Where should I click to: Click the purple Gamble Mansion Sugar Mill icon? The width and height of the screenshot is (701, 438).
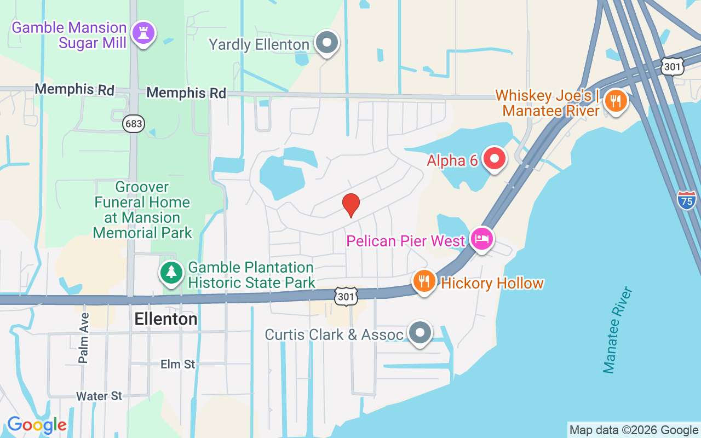click(x=143, y=33)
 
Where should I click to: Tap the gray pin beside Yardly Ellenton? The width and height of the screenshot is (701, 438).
click(x=327, y=43)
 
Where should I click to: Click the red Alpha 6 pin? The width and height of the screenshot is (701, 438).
click(x=495, y=159)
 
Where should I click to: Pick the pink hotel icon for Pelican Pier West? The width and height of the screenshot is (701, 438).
click(x=482, y=239)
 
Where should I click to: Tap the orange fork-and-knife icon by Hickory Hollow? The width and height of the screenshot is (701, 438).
click(x=423, y=281)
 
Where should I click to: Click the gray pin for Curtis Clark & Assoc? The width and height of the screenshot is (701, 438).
click(x=420, y=333)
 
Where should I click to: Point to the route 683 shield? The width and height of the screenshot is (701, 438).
click(x=134, y=124)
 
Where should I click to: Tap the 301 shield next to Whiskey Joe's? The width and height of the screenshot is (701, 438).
click(x=672, y=67)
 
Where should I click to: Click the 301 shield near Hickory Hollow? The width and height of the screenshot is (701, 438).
click(x=346, y=296)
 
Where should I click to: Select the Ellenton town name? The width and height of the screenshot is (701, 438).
click(x=165, y=319)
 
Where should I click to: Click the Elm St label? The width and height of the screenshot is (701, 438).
click(x=177, y=364)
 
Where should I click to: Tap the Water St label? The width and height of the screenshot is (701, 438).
click(x=99, y=396)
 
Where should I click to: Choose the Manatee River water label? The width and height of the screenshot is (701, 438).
click(x=617, y=330)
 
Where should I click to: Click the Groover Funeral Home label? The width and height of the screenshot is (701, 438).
click(x=142, y=210)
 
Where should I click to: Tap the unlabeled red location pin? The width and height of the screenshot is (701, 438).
click(x=350, y=205)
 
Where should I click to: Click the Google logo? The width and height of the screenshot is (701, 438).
click(x=37, y=425)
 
